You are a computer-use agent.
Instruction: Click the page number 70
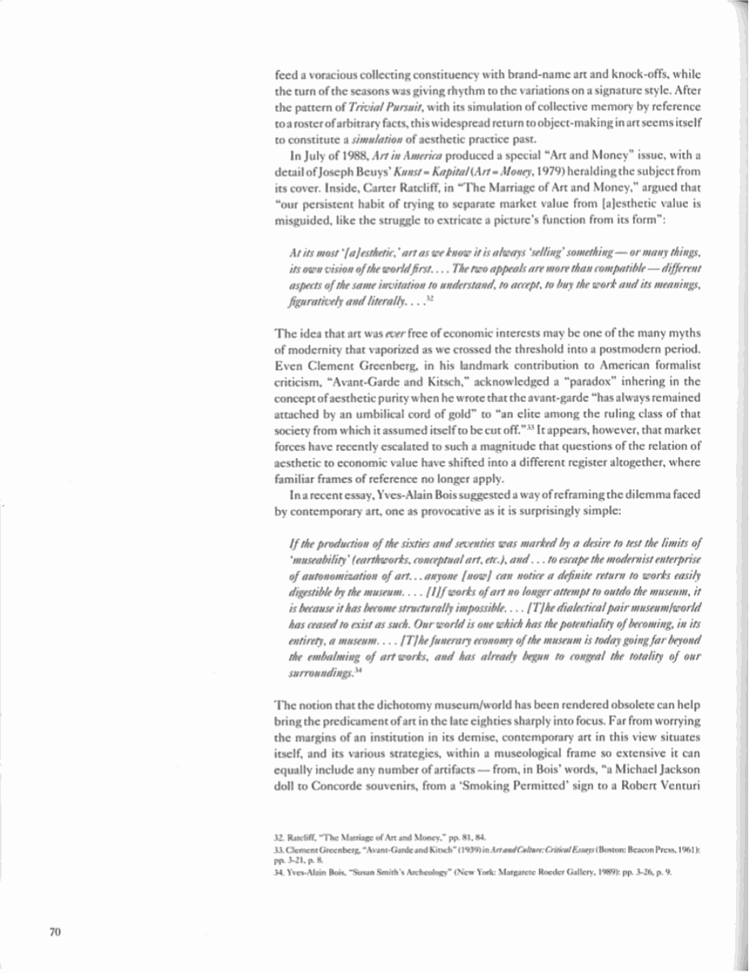click(55, 932)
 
